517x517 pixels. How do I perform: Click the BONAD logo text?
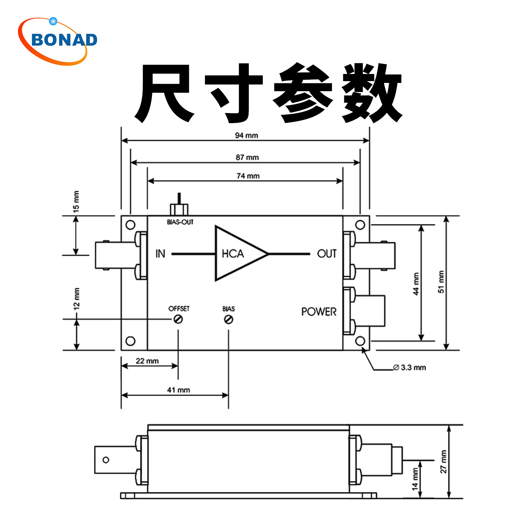coord(64,40)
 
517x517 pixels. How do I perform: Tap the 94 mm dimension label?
coord(247,135)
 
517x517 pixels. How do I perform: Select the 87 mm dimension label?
coord(247,157)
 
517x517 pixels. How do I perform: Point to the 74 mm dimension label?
coord(248,176)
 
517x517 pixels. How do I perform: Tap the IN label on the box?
coord(160,254)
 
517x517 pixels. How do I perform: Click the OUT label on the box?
coord(327,254)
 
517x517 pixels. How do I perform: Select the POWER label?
coord(319,312)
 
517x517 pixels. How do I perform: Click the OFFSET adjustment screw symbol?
coord(178,319)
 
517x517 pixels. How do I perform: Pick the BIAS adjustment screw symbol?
coord(229,319)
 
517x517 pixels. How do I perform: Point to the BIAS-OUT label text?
coord(180,222)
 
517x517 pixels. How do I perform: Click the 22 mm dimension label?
coord(147,361)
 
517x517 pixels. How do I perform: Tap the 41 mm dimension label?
coord(178,390)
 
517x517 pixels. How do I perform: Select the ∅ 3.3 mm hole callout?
coord(410,367)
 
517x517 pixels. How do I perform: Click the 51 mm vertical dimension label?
coord(441,282)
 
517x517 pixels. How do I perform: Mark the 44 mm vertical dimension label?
coord(416,284)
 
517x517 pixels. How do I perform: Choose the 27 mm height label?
coord(444,462)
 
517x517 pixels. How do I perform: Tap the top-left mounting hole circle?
coord(131,225)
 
